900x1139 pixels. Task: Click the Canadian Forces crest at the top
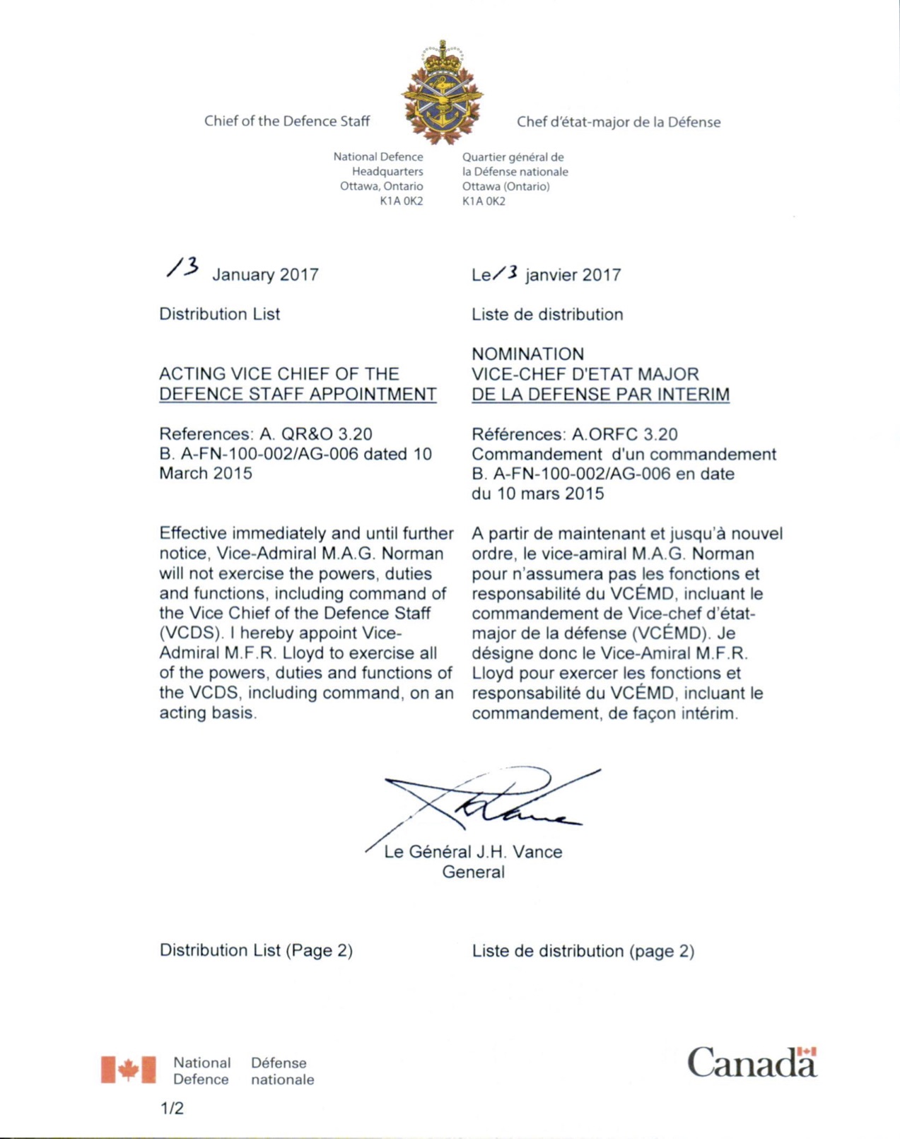pos(443,93)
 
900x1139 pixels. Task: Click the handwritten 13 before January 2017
pos(182,267)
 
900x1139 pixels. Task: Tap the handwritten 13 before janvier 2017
pos(506,272)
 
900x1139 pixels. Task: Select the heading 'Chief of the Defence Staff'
pos(286,121)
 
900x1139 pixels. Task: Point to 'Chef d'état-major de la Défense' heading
pos(618,122)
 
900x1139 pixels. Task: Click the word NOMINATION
pos(527,354)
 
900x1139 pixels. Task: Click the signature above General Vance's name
pos(488,802)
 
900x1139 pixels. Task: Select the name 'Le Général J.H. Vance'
pos(473,852)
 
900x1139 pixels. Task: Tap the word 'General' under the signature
pos(473,872)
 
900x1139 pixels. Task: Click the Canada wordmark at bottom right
pos(752,1063)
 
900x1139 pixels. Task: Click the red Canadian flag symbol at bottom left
pos(128,1070)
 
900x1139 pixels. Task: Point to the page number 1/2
pos(172,1109)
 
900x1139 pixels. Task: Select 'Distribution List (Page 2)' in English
pos(256,950)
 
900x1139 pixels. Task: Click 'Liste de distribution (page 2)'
pos(583,951)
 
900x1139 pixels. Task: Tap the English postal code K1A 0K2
pos(401,201)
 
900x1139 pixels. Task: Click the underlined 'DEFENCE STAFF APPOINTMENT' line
pos(298,395)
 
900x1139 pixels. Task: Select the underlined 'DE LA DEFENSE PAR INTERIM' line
pos(600,395)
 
